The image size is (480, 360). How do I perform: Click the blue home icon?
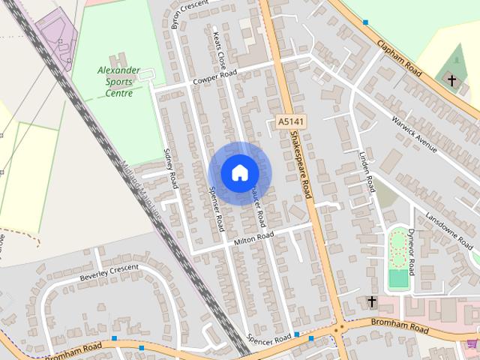point(238,173)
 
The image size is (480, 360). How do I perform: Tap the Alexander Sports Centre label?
point(118,82)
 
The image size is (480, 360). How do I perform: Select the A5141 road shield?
point(289,121)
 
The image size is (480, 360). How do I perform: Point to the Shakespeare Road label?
point(301,165)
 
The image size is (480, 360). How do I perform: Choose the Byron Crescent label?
point(190,13)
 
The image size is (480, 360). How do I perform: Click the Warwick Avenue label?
point(413,133)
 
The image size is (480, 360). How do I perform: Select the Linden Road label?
point(366,172)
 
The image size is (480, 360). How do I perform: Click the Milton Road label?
point(253,237)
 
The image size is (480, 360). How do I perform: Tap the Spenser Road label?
point(215,211)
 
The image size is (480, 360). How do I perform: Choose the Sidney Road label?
point(169,169)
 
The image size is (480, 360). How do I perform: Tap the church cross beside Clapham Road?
point(451,79)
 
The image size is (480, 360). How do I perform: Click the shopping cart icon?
point(472,344)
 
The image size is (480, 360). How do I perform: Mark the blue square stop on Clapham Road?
point(365,22)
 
